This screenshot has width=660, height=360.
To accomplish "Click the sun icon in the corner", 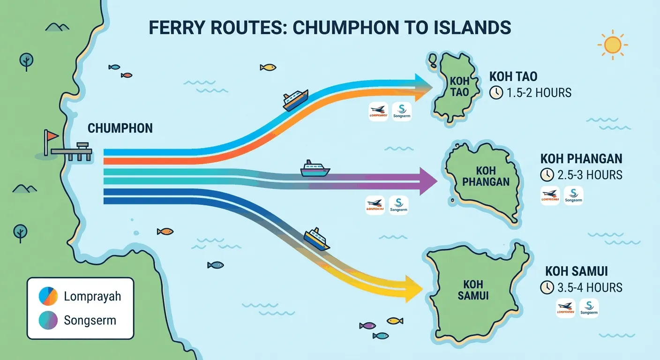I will [612, 45].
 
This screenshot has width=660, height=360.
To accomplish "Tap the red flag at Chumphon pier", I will [51, 136].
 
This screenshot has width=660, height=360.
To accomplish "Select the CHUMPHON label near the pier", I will [120, 128].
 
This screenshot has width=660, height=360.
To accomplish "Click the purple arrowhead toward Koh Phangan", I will [428, 181].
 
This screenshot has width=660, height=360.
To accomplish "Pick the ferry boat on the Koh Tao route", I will [295, 100].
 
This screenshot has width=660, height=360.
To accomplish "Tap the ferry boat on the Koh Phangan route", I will [315, 169].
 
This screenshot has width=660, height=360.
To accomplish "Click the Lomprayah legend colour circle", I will [47, 296].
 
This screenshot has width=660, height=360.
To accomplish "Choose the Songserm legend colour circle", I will [47, 321].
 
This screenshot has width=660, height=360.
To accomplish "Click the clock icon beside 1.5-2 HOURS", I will [495, 93].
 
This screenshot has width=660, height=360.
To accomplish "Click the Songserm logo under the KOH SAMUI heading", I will [589, 308].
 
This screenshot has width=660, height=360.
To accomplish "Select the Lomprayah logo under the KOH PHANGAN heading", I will [550, 195].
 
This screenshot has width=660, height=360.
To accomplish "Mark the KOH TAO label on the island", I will [459, 87].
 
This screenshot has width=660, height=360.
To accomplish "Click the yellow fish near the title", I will [268, 67].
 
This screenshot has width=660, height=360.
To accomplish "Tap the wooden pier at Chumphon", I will [72, 151].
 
